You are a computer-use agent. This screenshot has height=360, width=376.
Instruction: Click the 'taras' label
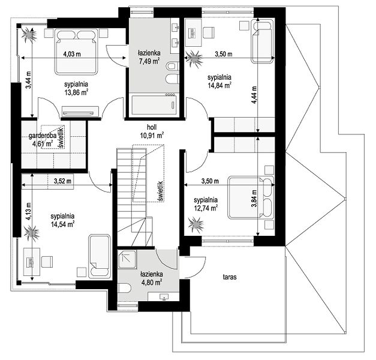(x=230, y=277)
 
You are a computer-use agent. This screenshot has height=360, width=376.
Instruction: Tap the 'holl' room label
(x=152, y=127)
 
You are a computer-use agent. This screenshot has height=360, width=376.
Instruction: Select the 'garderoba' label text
(x=43, y=136)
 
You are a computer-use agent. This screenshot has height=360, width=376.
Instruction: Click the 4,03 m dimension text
(x=72, y=54)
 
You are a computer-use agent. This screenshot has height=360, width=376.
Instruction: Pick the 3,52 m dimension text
(x=62, y=181)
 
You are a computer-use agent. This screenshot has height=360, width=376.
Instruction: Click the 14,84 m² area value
(x=219, y=85)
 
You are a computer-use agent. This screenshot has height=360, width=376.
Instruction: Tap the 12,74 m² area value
(x=206, y=208)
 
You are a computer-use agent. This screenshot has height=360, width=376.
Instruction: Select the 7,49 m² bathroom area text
(x=149, y=61)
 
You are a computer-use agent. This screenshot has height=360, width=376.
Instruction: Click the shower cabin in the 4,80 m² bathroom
(x=127, y=259)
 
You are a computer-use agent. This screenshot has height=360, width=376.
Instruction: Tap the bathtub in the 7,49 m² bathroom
(x=154, y=105)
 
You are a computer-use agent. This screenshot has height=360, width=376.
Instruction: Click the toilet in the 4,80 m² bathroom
(x=125, y=288)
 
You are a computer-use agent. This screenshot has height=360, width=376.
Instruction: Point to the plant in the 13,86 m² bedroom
(x=29, y=35)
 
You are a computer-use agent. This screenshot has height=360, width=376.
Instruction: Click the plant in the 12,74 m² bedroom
(x=196, y=226)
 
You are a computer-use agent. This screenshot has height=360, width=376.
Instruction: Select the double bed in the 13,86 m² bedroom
(x=77, y=52)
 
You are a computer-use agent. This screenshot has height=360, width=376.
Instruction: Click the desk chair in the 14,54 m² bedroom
(x=47, y=262)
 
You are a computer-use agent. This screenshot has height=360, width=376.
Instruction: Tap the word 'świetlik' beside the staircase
(x=161, y=191)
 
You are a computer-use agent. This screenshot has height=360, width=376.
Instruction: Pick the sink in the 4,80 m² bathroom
(x=164, y=296)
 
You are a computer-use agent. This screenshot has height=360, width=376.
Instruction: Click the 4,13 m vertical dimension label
(x=29, y=211)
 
